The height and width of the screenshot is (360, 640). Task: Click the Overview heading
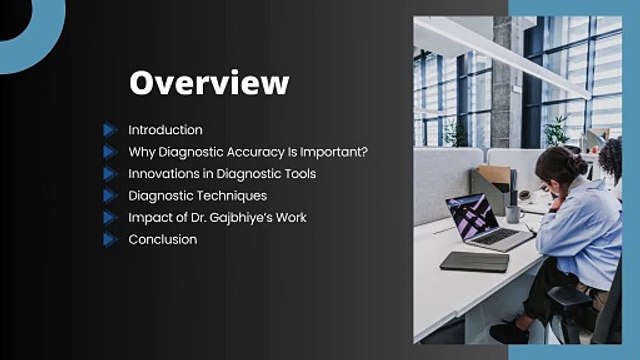click(209, 82)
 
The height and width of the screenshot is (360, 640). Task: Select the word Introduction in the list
click(165, 130)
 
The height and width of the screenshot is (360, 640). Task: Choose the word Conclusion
click(163, 240)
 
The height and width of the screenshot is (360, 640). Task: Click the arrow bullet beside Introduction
click(110, 130)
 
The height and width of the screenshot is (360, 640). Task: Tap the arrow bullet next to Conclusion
click(110, 240)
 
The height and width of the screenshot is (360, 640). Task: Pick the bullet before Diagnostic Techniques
click(110, 196)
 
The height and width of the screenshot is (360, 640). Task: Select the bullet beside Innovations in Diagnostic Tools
click(110, 174)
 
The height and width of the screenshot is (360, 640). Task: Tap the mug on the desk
click(513, 212)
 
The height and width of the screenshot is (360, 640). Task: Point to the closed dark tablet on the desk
click(474, 261)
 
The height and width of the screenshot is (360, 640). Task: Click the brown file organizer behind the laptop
click(493, 184)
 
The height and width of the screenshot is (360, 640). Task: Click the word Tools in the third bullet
click(299, 174)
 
